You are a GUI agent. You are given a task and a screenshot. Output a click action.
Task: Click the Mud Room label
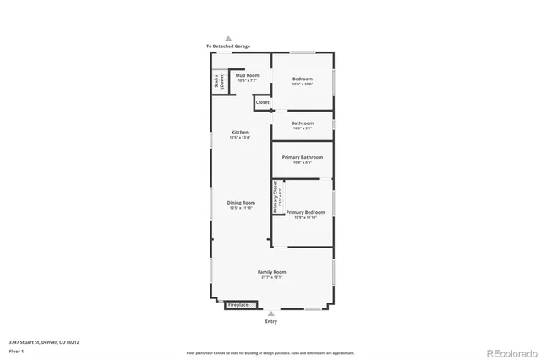[x=247, y=76]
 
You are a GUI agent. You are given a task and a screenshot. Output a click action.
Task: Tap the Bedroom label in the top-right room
[x=303, y=79]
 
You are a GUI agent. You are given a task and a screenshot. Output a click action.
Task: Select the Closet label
[x=263, y=102]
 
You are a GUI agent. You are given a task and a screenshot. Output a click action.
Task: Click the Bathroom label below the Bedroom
[x=303, y=123]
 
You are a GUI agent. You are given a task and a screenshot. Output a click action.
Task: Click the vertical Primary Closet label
[x=276, y=197]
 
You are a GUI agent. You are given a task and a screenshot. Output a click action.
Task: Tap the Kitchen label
[x=241, y=133]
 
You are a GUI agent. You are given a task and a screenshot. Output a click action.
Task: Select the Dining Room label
[x=241, y=203]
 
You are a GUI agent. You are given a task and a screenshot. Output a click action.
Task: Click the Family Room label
[x=272, y=272]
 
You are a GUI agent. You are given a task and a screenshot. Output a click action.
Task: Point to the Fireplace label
[x=238, y=304]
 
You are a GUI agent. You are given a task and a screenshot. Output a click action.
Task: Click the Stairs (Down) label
[x=217, y=81]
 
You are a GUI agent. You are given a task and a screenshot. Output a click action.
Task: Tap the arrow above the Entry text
[x=271, y=314]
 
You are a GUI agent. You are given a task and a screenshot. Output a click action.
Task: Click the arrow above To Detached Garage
[x=227, y=38]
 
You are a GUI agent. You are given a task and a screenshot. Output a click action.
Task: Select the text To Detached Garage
[x=227, y=46]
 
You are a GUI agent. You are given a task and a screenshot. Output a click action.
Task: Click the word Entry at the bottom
[x=271, y=321]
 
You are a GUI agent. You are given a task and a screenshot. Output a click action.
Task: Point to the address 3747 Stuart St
[x=43, y=342]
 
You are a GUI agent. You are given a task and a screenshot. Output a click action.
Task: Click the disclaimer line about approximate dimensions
[x=270, y=352]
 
